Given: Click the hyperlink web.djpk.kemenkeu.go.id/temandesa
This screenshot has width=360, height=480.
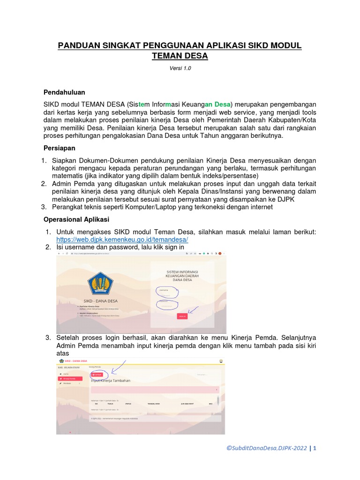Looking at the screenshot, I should pos(122,240).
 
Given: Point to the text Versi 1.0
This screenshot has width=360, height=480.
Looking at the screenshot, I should pos(180,68).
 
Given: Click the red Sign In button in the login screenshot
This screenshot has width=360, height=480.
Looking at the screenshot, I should pos(182,316).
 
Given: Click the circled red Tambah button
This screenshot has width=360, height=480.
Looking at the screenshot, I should pos(97,375).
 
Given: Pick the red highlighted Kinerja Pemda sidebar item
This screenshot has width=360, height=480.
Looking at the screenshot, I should pos(70,378).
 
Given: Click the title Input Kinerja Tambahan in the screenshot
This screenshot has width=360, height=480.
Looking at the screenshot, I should pos(111,381).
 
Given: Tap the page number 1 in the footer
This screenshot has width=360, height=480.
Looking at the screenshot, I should pos(315,448).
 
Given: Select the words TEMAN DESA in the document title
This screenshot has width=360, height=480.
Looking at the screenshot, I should pos(180,56).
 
